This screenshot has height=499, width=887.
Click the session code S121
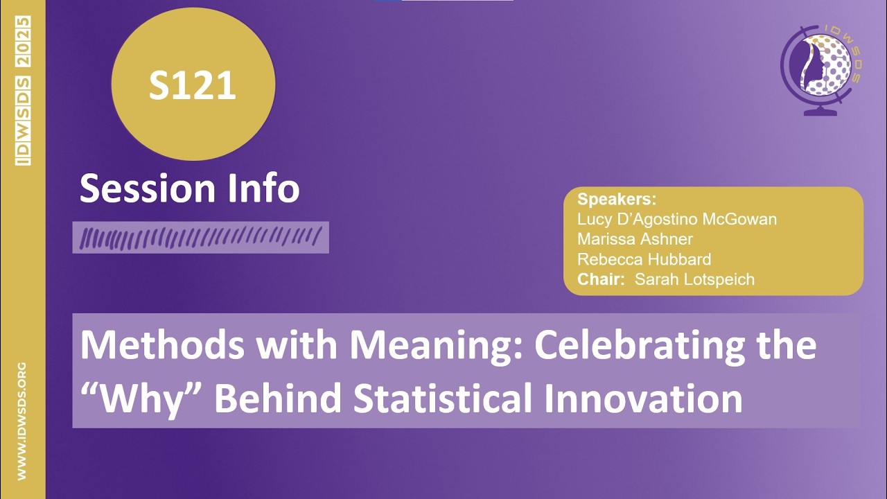[193, 85]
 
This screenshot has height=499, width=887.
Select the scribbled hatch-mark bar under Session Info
[200, 238]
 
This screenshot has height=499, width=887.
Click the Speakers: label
[617, 200]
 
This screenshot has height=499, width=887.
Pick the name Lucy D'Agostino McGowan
[677, 219]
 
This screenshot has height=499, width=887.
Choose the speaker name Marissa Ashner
[635, 239]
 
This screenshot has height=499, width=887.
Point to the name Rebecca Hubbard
[644, 259]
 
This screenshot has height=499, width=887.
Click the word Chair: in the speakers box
[601, 279]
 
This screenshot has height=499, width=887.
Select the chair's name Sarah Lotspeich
[694, 279]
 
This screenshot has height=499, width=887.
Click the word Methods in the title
[157, 345]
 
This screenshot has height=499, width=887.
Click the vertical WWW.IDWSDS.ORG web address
[22, 421]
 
